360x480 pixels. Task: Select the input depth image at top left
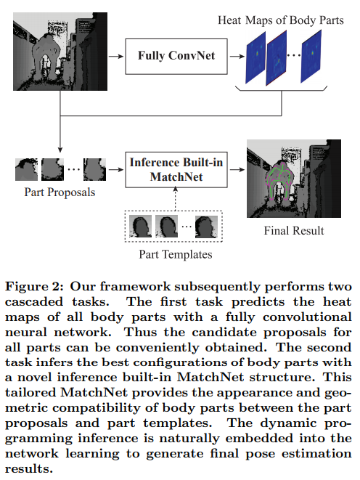pyautogui.click(x=57, y=54)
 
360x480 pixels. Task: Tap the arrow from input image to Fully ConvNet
pyautogui.click(x=114, y=54)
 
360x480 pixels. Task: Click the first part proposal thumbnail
pyautogui.click(x=27, y=169)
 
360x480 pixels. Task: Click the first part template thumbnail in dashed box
pyautogui.click(x=139, y=228)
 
